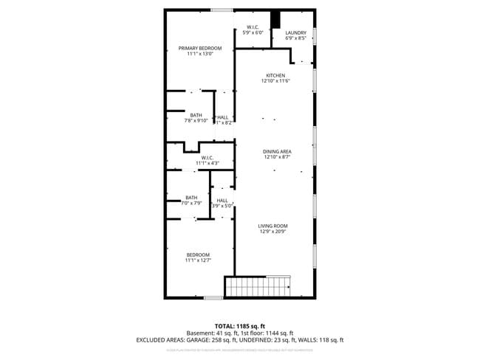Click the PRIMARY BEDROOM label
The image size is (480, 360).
click(x=199, y=49)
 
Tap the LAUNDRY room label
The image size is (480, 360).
click(x=295, y=32)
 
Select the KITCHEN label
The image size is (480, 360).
click(x=275, y=75)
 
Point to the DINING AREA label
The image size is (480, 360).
click(x=277, y=151)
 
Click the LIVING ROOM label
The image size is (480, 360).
click(x=272, y=226)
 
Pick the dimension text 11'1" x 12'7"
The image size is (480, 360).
click(x=198, y=260)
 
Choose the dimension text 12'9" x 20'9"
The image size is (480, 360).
click(x=272, y=232)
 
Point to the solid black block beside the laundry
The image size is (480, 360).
click(x=277, y=20)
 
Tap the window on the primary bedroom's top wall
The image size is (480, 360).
click(x=221, y=10)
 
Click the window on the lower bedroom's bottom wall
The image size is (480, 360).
click(x=213, y=297)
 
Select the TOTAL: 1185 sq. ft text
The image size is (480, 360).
click(x=239, y=325)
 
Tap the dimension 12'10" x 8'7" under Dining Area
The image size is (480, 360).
click(x=277, y=157)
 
